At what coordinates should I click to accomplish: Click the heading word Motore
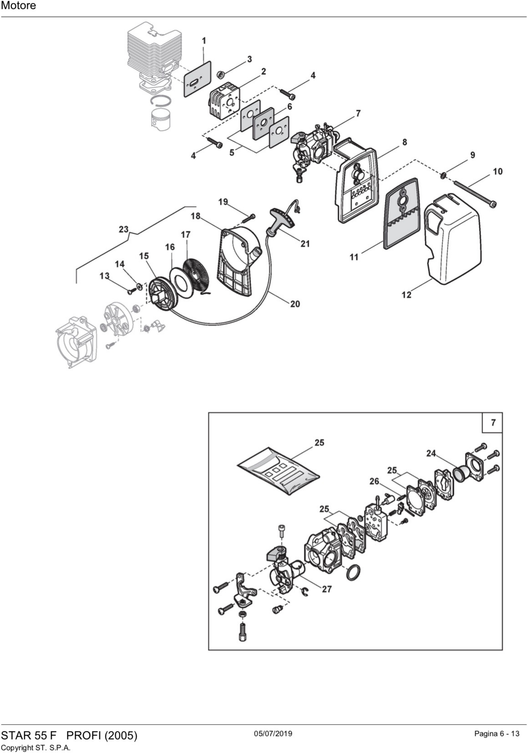coord(18,6)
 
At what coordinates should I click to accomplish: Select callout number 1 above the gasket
coord(204,41)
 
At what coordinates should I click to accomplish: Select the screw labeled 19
coord(249,217)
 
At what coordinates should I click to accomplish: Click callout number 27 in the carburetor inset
coord(327,589)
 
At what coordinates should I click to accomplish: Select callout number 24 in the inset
coord(431,453)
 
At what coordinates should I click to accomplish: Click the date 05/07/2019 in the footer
coord(273,733)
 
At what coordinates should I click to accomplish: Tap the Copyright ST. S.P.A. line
coord(36,747)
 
